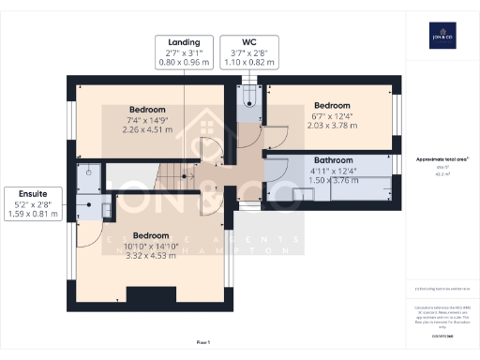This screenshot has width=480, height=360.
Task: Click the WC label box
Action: [x=248, y=52]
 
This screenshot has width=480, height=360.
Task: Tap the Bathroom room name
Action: [x=332, y=160]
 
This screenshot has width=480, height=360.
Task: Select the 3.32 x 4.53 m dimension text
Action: [x=152, y=256]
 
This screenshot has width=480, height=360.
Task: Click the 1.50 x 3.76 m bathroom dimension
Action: [x=332, y=182]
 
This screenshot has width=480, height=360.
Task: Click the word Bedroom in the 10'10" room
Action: [x=152, y=234]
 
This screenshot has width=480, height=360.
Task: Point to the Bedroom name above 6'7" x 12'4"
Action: [x=332, y=105]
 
